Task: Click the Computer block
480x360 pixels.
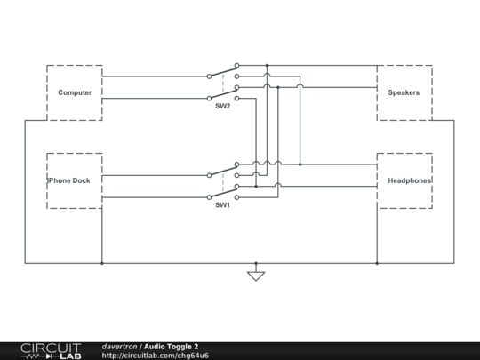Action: [75, 92]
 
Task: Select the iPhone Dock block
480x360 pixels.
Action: [75, 180]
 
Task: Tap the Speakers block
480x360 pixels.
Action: [404, 92]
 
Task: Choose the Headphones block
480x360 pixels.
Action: [404, 180]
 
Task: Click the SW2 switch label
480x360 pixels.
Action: [222, 107]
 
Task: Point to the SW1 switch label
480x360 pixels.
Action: [222, 204]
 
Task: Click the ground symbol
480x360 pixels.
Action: [256, 275]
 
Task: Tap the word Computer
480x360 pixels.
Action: [75, 92]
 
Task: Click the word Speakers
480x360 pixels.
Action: [404, 92]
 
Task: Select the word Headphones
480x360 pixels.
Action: [410, 180]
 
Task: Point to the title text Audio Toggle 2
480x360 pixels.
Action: [172, 346]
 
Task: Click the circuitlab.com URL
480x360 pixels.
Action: [156, 356]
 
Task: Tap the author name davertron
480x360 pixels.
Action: [119, 346]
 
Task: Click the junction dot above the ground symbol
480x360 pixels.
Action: [256, 263]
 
